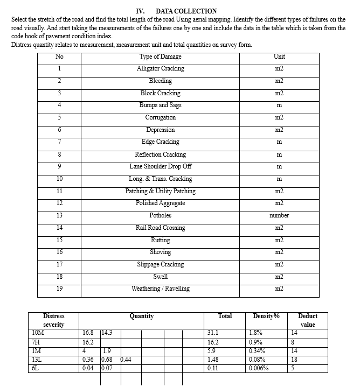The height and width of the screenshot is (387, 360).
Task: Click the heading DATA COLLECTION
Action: [185, 11]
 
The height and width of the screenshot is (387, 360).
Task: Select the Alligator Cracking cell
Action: [160, 69]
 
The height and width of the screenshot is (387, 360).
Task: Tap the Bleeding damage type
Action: [160, 81]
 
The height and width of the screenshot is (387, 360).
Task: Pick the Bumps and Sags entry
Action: [160, 105]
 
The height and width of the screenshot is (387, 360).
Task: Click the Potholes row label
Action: [160, 215]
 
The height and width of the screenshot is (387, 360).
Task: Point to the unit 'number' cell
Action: [279, 215]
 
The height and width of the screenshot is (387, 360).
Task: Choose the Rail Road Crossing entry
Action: [160, 228]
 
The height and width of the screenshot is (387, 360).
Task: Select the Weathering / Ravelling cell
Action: [160, 289]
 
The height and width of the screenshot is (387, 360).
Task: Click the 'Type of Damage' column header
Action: [160, 57]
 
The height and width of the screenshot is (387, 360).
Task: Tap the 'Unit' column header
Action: [279, 57]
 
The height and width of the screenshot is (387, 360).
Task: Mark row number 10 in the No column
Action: [59, 179]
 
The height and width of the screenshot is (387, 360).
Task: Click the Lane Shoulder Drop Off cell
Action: [160, 166]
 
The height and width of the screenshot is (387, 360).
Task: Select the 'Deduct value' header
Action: [308, 320]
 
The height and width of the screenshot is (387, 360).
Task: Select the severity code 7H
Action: [37, 342]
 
